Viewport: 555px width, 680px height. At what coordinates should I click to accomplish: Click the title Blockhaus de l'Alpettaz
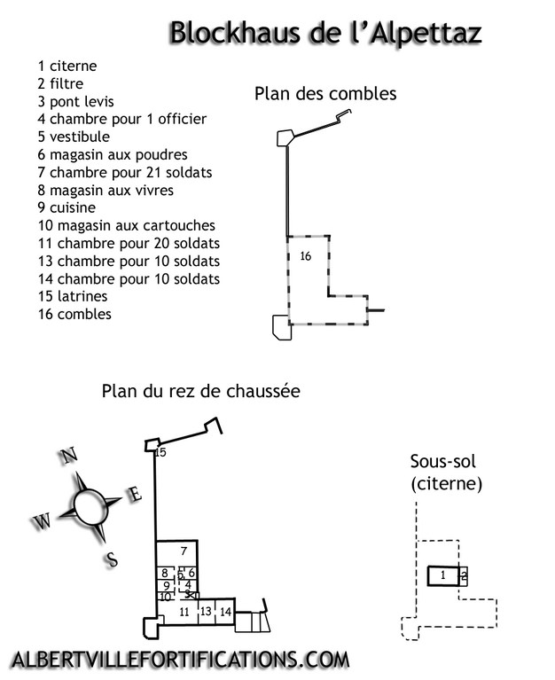(x=325, y=34)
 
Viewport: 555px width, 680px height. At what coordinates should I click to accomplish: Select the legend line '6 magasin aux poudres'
(x=113, y=155)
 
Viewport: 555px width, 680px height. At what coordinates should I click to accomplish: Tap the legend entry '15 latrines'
(x=73, y=296)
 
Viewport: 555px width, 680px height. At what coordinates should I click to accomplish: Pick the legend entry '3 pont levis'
(x=76, y=101)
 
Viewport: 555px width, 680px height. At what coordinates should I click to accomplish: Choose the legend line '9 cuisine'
(x=66, y=207)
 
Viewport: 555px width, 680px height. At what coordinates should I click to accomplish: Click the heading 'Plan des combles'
(x=325, y=94)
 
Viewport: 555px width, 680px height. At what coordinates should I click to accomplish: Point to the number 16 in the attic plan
(x=306, y=256)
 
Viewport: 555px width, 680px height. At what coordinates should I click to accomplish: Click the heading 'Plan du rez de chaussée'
(x=200, y=391)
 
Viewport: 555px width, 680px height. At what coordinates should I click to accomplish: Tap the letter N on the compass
(x=68, y=456)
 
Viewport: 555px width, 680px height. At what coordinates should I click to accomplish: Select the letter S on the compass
(x=112, y=559)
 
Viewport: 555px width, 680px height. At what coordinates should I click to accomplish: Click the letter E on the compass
(x=135, y=494)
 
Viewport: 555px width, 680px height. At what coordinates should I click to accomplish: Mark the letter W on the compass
(x=42, y=520)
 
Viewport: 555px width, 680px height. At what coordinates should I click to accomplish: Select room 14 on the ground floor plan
(x=225, y=612)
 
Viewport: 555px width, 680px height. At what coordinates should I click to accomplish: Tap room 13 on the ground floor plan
(x=207, y=612)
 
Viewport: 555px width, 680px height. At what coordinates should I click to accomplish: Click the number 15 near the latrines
(x=160, y=452)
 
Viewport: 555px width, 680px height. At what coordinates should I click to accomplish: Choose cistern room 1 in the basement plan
(x=442, y=576)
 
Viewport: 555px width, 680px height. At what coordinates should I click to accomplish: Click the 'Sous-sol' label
(x=443, y=461)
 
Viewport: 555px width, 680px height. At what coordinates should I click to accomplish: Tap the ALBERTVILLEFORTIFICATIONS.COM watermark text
(x=180, y=660)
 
